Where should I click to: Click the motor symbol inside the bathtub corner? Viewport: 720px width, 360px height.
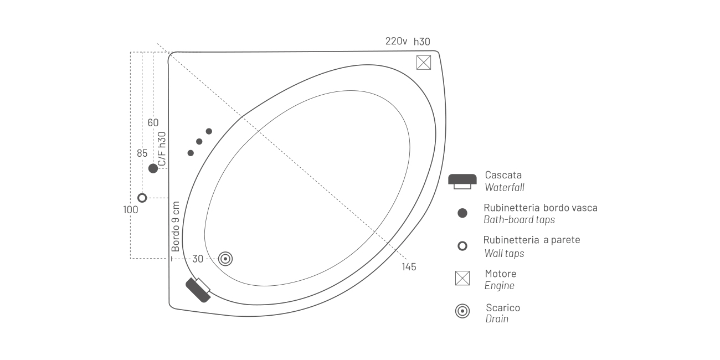pyautogui.click(x=424, y=63)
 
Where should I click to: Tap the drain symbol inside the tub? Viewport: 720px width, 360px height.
pyautogui.click(x=225, y=259)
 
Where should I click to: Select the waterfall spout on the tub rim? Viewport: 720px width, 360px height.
pyautogui.click(x=199, y=290)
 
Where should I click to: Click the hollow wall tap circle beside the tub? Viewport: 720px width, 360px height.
pyautogui.click(x=142, y=198)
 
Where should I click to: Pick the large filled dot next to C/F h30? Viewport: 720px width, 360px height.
pyautogui.click(x=153, y=168)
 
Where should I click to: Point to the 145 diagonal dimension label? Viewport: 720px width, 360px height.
pyautogui.click(x=409, y=267)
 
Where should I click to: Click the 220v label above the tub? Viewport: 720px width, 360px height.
pyautogui.click(x=397, y=41)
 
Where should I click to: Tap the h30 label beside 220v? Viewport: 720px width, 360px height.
pyautogui.click(x=421, y=42)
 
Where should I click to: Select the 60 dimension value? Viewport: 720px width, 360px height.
pyautogui.click(x=153, y=122)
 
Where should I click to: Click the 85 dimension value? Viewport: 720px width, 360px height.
pyautogui.click(x=142, y=153)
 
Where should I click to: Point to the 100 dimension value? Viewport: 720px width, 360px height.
pyautogui.click(x=131, y=209)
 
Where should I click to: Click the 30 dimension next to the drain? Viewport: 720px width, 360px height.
pyautogui.click(x=198, y=259)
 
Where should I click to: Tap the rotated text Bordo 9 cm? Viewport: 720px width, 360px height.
pyautogui.click(x=176, y=227)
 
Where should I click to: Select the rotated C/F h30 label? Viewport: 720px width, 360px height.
pyautogui.click(x=162, y=149)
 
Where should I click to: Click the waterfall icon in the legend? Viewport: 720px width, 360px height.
pyautogui.click(x=462, y=182)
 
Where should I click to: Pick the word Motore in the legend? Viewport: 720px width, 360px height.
pyautogui.click(x=501, y=274)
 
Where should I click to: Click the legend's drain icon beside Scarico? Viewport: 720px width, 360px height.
pyautogui.click(x=462, y=311)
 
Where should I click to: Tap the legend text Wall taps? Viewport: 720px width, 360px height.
pyautogui.click(x=504, y=253)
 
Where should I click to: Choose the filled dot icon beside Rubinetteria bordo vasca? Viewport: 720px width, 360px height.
pyautogui.click(x=462, y=213)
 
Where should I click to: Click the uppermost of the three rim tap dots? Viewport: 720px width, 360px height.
pyautogui.click(x=209, y=131)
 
